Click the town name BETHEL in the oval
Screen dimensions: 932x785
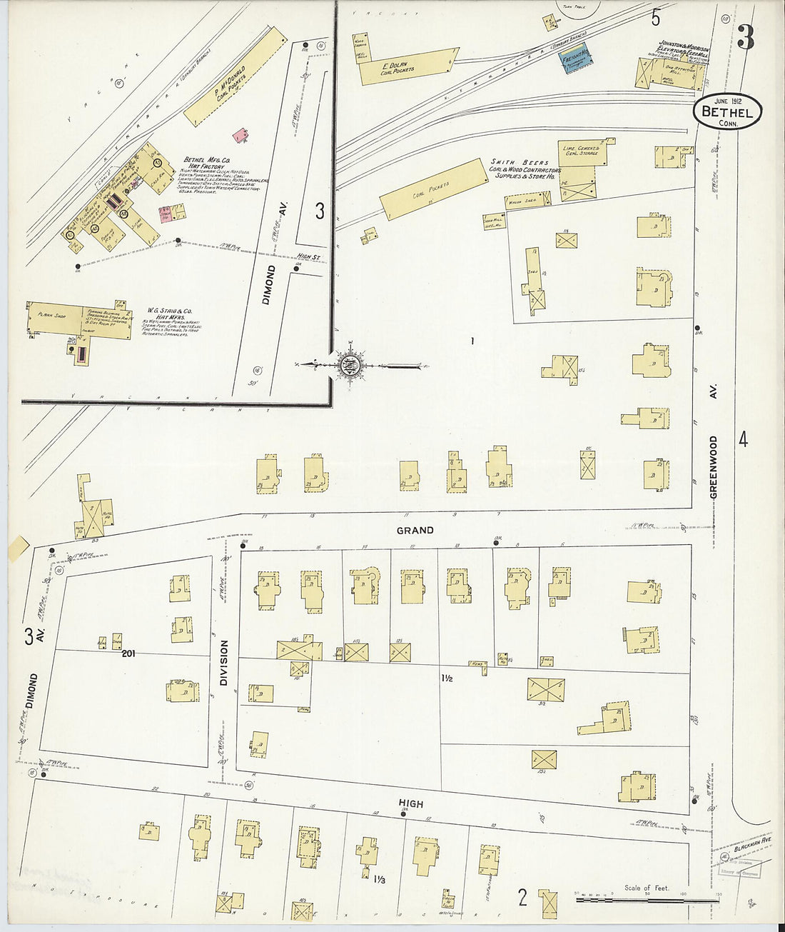click(x=726, y=111)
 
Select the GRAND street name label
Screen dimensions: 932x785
click(x=415, y=530)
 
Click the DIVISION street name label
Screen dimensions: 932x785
click(x=223, y=662)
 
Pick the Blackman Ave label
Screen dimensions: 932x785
click(x=752, y=842)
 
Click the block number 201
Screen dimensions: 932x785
click(x=128, y=653)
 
